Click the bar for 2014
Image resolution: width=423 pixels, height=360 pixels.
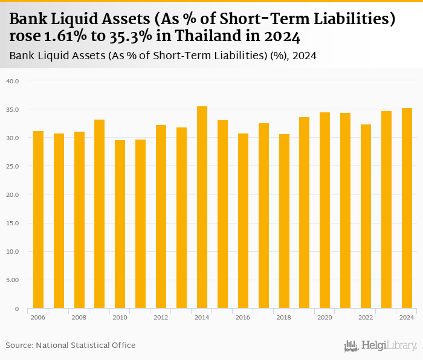[202, 207]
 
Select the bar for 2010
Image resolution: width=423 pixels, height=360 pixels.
[120, 224]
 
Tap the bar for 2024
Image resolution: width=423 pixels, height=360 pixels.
[407, 208]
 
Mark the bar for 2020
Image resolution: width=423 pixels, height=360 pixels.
[325, 210]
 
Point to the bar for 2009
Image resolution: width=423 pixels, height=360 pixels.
[100, 214]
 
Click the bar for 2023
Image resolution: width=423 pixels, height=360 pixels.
[386, 210]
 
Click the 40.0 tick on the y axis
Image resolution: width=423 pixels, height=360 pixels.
[13, 81]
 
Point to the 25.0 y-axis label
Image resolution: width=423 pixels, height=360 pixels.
[13, 167]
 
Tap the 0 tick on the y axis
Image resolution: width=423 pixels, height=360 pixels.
[17, 309]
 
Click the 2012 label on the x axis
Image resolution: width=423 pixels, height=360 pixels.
[161, 317]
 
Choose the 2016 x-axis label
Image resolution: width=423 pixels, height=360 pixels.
[242, 317]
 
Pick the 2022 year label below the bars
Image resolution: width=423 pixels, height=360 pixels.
[366, 317]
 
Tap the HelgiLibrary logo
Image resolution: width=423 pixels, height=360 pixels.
[380, 346]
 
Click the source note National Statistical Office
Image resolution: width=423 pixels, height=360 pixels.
[86, 345]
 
